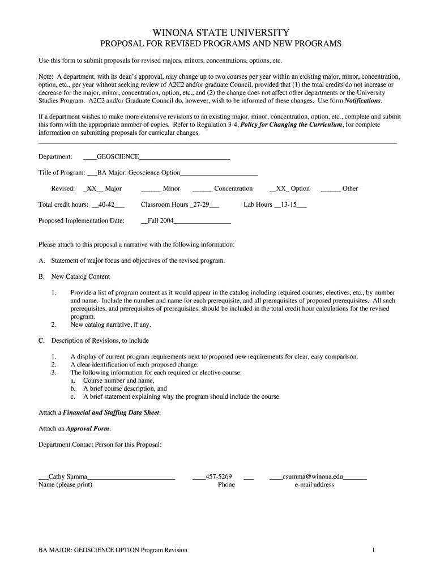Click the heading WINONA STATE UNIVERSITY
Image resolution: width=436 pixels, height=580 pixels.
click(x=217, y=33)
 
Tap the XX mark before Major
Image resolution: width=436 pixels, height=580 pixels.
click(x=92, y=189)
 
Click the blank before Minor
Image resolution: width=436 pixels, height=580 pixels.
click(x=151, y=189)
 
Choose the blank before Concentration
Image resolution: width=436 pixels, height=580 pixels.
click(x=202, y=189)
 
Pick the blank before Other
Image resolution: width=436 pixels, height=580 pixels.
click(x=330, y=189)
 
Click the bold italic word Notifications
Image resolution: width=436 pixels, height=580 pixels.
click(x=363, y=101)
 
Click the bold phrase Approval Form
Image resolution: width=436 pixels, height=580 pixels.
click(x=84, y=429)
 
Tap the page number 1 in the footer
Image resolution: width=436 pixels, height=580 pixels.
click(x=374, y=550)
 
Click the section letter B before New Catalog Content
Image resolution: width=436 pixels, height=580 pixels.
click(x=41, y=277)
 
